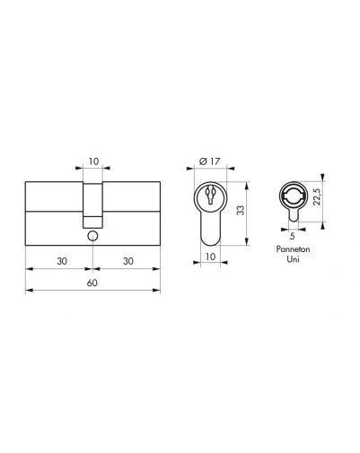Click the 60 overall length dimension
(92, 283)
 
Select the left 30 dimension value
(62, 261)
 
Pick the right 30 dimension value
(128, 261)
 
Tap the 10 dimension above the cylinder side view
(93, 161)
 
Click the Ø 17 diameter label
(209, 161)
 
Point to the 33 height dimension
(241, 210)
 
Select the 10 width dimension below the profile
(211, 257)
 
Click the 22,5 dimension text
(317, 196)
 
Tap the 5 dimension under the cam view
(293, 236)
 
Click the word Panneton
(293, 249)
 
